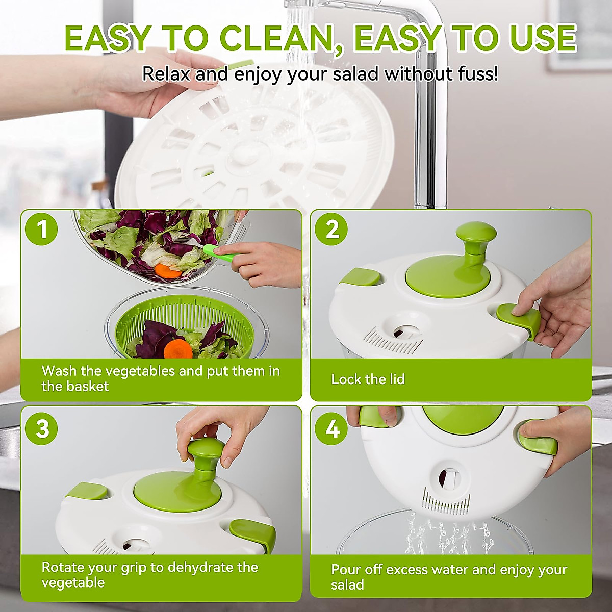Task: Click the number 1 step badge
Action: click(42, 229)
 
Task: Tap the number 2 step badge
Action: click(332, 229)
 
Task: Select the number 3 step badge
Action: click(42, 428)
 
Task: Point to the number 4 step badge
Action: click(332, 428)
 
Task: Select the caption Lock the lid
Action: click(368, 379)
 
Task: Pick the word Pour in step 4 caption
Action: click(345, 569)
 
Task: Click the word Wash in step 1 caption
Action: click(59, 371)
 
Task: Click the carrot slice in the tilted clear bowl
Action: click(168, 270)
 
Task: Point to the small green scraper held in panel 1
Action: click(220, 253)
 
